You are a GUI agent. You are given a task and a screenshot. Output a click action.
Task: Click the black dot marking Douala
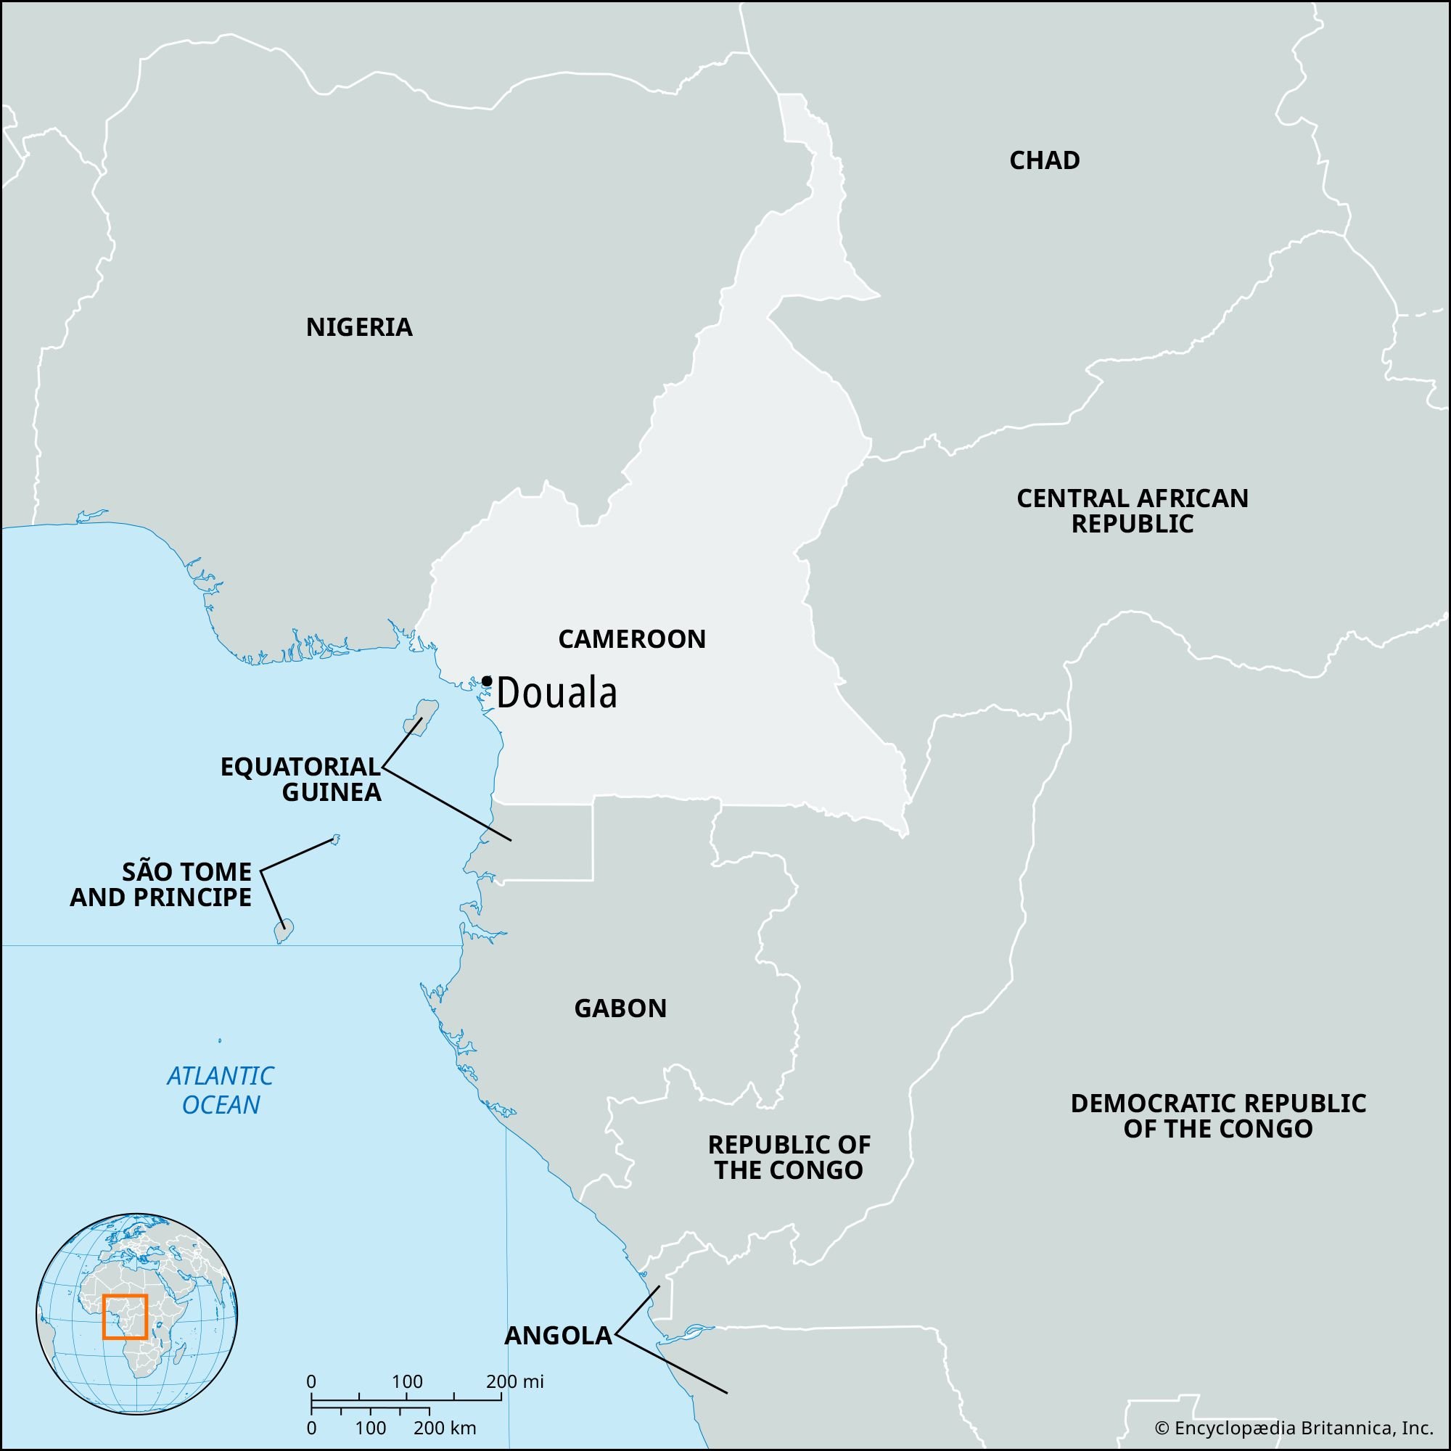coord(487,681)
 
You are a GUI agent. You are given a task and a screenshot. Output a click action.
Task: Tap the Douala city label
coord(556,693)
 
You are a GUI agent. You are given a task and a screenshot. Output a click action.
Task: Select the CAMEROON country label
coord(632,639)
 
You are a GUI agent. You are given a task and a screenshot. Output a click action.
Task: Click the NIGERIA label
coord(359,327)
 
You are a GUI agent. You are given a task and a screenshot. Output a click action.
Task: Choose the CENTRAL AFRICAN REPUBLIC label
coord(1132,511)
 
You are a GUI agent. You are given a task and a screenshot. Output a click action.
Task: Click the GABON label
coord(620,1008)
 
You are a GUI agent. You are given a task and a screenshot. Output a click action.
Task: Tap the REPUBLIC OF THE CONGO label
coord(789,1157)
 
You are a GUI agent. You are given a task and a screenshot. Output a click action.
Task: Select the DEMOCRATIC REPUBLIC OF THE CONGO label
coord(1217,1116)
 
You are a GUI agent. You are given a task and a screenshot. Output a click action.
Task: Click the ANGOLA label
coord(558,1336)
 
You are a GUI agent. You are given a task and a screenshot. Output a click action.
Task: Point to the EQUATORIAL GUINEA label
coord(300,778)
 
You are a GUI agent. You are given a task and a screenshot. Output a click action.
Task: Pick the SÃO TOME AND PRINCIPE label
coord(161,884)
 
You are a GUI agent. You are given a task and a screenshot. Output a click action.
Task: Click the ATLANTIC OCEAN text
coord(220,1090)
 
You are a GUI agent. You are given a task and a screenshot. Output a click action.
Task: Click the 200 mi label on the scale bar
coord(514,1381)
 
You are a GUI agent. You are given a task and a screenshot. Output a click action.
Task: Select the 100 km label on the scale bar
coord(369,1428)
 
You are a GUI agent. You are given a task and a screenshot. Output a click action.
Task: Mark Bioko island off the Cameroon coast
coord(421,716)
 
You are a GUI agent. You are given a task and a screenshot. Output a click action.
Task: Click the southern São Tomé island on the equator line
coord(283,932)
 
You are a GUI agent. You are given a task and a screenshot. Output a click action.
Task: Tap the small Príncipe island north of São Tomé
coord(336,838)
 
